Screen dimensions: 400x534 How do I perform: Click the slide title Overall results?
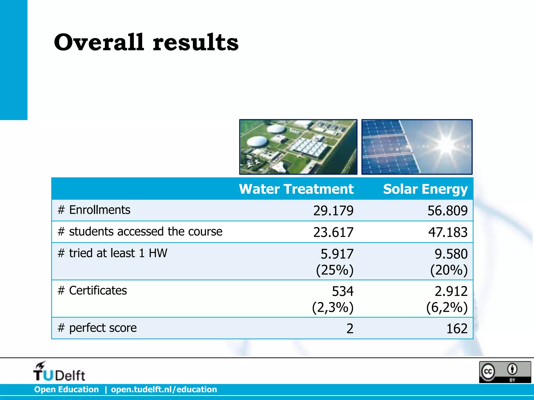(146, 42)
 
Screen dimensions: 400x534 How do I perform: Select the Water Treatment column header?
(296, 189)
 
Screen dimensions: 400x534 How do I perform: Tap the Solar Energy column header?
(425, 189)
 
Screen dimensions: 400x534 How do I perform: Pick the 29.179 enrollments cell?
(333, 210)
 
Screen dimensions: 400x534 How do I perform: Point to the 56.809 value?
(447, 210)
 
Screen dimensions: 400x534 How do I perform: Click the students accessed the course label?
(140, 232)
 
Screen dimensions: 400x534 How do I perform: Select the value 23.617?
(333, 232)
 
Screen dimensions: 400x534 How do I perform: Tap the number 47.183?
(448, 232)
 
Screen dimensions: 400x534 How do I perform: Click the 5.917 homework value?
(337, 254)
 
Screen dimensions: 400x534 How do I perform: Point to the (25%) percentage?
(335, 270)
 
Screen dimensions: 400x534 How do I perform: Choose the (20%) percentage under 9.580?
(449, 270)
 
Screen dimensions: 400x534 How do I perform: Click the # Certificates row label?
(92, 290)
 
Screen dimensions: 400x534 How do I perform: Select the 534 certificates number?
(343, 291)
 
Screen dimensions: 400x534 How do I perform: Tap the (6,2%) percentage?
(447, 307)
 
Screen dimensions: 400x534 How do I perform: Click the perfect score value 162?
(457, 329)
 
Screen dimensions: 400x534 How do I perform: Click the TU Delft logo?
(59, 372)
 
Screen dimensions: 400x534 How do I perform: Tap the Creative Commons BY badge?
(505, 372)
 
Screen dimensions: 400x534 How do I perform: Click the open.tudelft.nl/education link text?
(164, 389)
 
